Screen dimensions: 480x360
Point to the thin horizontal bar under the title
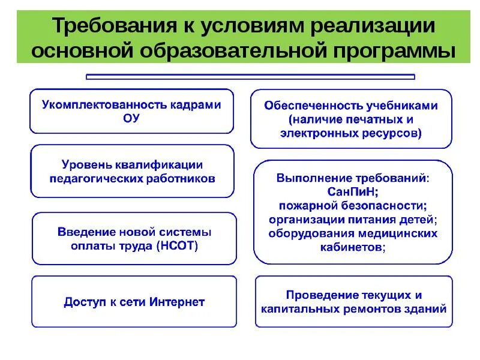tap(250, 77)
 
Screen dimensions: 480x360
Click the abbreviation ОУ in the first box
tap(131, 118)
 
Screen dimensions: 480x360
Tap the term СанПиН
tap(352, 191)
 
